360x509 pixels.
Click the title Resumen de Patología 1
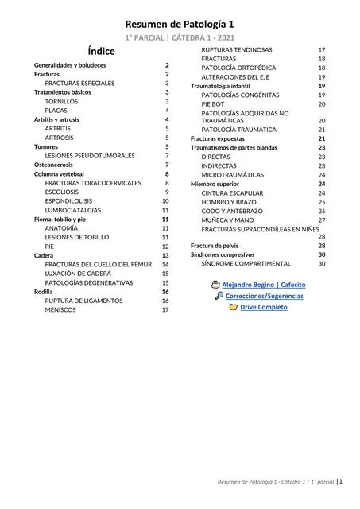[180, 25]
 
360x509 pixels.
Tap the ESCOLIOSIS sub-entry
[66, 192]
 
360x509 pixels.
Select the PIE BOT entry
[213, 103]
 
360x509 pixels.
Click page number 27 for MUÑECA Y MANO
[322, 220]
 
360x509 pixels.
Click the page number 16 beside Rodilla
[165, 292]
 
